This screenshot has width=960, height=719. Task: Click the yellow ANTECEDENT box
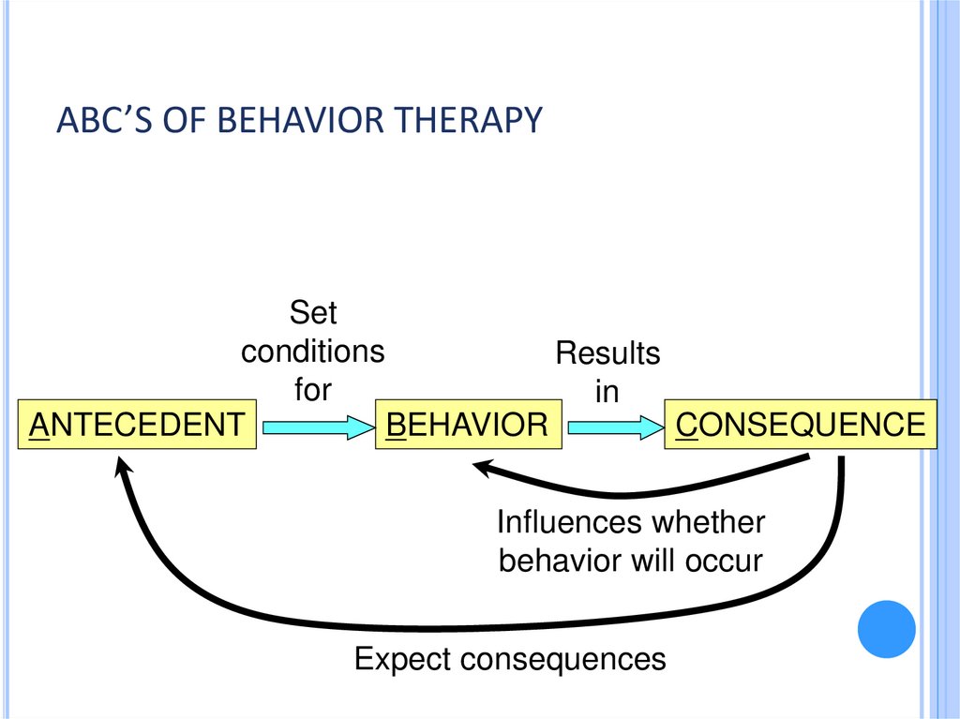pyautogui.click(x=137, y=425)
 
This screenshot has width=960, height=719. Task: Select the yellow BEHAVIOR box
pyautogui.click(x=467, y=425)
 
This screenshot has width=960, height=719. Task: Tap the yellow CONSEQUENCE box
pyautogui.click(x=800, y=425)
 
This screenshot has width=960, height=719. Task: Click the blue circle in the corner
pyautogui.click(x=886, y=628)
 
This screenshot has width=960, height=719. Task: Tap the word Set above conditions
pyautogui.click(x=312, y=312)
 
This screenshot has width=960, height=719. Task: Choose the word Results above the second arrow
pyautogui.click(x=607, y=353)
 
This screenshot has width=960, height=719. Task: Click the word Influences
pyautogui.click(x=570, y=521)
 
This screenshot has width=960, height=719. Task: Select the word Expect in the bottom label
pyautogui.click(x=402, y=659)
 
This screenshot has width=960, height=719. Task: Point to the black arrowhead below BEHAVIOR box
pyautogui.click(x=482, y=466)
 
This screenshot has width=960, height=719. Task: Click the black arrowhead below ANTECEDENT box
pyautogui.click(x=122, y=465)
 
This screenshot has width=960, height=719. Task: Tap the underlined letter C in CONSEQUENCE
pyautogui.click(x=685, y=425)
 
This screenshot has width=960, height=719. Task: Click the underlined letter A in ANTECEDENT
pyautogui.click(x=39, y=425)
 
